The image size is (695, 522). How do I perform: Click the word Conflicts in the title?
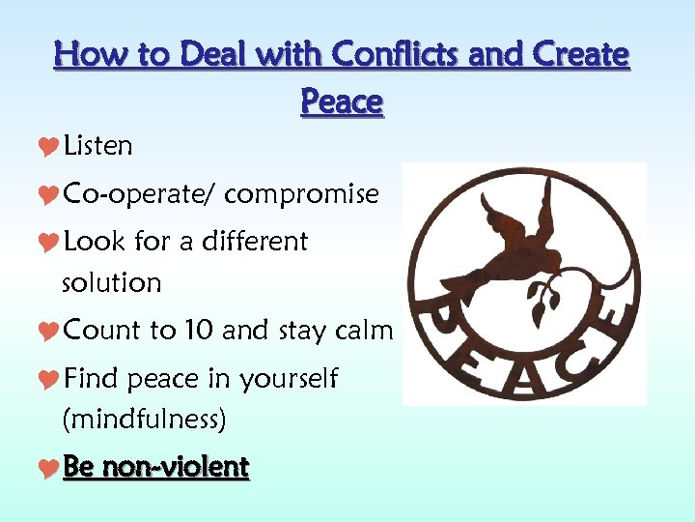(x=398, y=55)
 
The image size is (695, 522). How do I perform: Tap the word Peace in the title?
(x=342, y=101)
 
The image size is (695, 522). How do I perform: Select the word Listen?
(x=97, y=146)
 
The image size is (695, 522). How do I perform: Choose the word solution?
(x=111, y=282)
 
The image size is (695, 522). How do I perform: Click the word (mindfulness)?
(x=144, y=420)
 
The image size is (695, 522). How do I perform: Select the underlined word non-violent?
(x=175, y=468)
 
